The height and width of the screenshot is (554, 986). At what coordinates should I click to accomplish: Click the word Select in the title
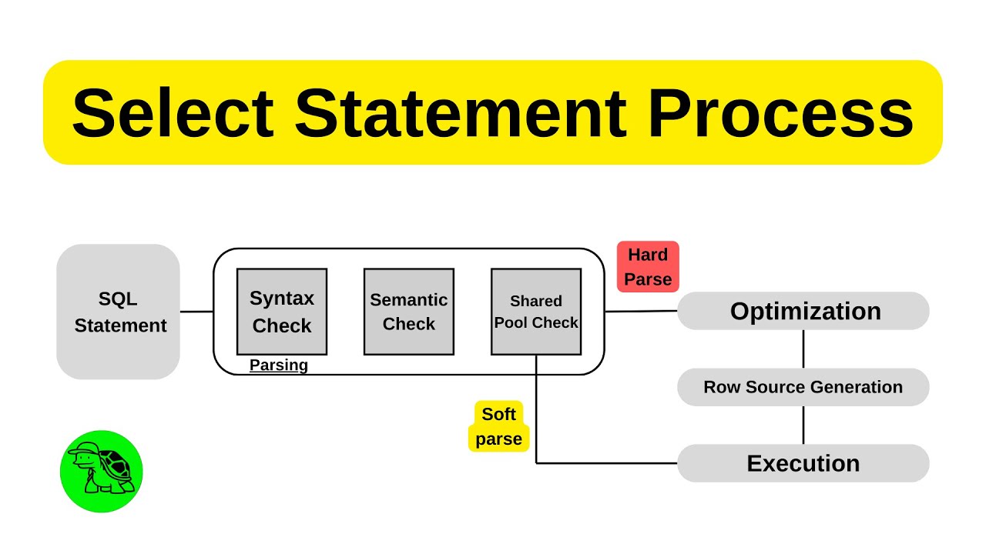172,113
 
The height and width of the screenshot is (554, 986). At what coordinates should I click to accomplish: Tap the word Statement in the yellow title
460,113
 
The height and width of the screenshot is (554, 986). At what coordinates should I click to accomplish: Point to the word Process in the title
780,113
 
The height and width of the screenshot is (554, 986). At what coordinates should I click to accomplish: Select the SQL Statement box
119,312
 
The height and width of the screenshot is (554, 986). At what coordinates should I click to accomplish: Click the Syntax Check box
282,312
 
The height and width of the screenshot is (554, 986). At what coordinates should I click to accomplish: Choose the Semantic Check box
408,312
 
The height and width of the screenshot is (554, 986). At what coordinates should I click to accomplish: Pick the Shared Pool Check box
536,312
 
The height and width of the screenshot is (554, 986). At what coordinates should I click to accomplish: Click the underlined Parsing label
279,365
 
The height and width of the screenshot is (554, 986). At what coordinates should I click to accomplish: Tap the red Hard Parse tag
648,267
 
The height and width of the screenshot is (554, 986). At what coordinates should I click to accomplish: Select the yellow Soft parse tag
498,426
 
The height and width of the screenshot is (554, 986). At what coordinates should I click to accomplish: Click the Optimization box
803,311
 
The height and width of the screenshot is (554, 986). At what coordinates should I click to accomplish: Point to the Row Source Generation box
803,387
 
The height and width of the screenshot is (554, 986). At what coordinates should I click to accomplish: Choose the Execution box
803,463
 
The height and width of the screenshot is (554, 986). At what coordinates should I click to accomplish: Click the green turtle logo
102,471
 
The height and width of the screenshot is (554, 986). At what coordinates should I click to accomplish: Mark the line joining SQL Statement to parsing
196,312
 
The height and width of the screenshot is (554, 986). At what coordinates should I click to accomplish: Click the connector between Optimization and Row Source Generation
803,349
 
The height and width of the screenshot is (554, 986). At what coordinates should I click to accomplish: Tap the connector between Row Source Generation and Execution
803,425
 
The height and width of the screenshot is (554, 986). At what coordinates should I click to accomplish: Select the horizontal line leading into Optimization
641,311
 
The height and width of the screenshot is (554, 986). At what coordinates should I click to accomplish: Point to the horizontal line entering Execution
609,463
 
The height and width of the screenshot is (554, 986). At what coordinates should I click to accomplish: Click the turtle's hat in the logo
82,452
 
